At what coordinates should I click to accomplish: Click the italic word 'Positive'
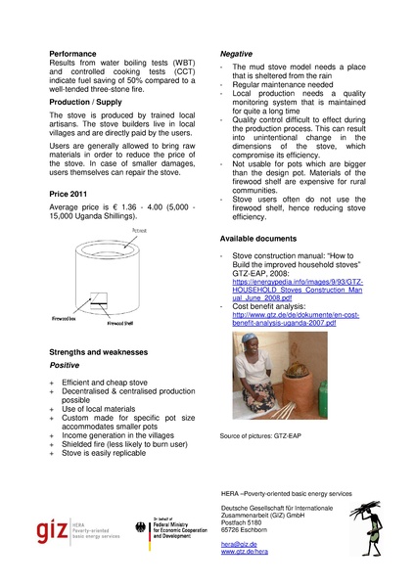coord(66,364)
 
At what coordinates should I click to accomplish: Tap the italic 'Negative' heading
coord(236,52)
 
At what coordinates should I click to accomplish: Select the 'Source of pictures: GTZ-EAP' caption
coord(263,434)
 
